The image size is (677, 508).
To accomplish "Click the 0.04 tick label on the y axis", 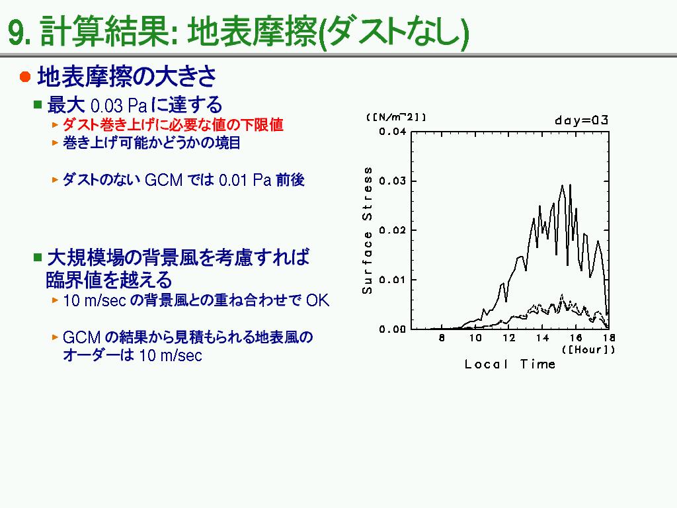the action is (x=393, y=132).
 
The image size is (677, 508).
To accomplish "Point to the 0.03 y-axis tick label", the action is (x=393, y=181).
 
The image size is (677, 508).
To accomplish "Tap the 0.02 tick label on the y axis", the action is (x=393, y=230).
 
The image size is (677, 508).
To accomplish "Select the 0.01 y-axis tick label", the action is (x=393, y=280).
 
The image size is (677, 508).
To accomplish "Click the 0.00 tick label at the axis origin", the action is (x=393, y=329).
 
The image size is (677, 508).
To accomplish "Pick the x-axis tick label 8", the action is (x=442, y=338).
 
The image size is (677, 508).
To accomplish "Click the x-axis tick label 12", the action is (x=508, y=338).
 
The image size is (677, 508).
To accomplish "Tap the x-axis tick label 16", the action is (x=576, y=338).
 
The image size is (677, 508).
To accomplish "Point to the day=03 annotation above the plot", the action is (x=582, y=120).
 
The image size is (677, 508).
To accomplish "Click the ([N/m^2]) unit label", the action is (x=396, y=117).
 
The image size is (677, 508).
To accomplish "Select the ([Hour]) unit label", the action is (x=588, y=349).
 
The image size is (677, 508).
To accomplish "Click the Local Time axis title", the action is (x=510, y=364).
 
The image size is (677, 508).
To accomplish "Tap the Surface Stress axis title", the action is (x=367, y=230).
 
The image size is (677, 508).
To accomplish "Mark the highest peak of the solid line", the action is (x=570, y=185).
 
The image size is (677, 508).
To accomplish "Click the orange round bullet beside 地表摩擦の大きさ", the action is (x=25, y=77).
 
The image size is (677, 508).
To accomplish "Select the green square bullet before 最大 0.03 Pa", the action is (x=38, y=105).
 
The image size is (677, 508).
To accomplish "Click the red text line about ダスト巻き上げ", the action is (x=173, y=124).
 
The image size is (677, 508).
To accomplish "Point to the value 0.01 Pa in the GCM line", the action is (x=245, y=179).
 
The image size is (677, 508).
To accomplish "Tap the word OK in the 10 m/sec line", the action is (x=317, y=300).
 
